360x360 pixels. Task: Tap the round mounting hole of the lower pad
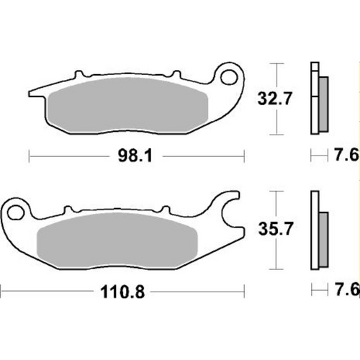(16, 211)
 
